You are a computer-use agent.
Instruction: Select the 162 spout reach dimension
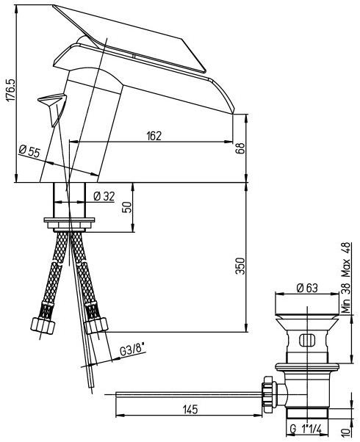tap(154, 135)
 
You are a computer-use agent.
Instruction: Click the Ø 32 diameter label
tap(104, 195)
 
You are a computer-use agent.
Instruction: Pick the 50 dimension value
tap(126, 207)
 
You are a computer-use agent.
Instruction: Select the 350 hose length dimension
tap(240, 265)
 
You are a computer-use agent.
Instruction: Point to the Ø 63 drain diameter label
tap(308, 289)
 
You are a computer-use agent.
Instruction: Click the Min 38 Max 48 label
tap(347, 278)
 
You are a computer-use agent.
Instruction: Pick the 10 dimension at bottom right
tap(347, 430)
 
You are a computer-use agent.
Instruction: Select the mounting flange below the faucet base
tap(70, 220)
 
